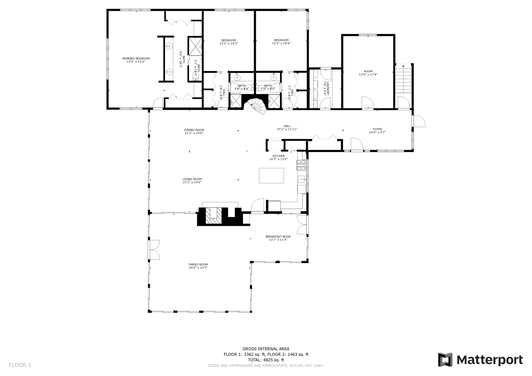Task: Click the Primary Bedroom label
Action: tap(136, 59)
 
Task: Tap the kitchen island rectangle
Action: tap(271, 175)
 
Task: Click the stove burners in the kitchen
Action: tap(301, 165)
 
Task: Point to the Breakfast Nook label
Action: tap(278, 237)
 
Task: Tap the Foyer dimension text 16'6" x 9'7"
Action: tap(377, 132)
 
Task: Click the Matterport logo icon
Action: tap(445, 360)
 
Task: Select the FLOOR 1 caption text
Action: tap(20, 365)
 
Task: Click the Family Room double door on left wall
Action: tap(154, 250)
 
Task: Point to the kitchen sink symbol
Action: tap(302, 179)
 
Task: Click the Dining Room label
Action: tap(194, 130)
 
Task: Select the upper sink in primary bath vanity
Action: tap(169, 46)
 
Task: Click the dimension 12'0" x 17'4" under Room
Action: tap(368, 75)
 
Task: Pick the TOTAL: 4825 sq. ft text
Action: tap(266, 360)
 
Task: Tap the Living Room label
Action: tap(192, 179)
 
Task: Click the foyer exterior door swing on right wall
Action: tap(419, 121)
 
